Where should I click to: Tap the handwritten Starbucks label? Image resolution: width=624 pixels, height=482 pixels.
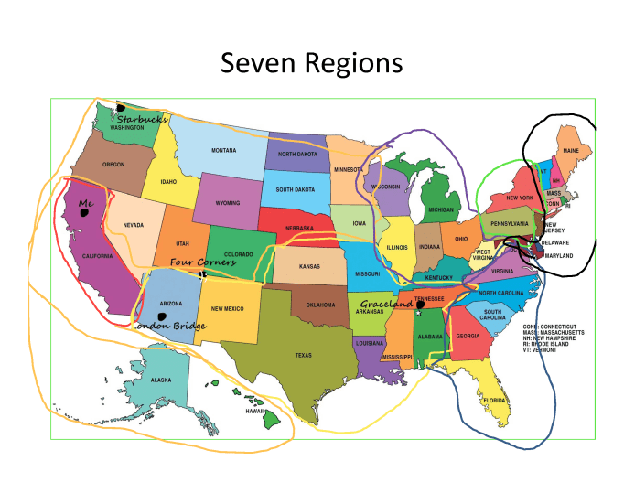point(141,119)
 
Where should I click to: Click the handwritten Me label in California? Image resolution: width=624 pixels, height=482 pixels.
point(86,203)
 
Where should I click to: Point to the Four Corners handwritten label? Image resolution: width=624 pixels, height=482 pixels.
point(203,262)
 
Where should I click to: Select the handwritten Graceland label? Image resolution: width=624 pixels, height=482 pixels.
point(386,304)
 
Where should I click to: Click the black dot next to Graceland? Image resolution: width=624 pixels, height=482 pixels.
point(420,305)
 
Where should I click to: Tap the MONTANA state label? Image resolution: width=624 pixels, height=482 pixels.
point(224,150)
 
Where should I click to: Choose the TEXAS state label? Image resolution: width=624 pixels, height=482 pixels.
point(304,354)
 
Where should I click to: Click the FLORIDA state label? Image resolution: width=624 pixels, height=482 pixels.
point(494,401)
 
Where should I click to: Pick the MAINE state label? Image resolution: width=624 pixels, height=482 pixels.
point(571,150)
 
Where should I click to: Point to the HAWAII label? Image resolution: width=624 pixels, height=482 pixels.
point(254,412)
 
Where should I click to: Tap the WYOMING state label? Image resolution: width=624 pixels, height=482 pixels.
point(228,203)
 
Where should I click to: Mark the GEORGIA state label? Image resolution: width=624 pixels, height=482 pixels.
point(468,336)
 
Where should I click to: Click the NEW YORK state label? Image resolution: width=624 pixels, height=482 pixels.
point(520,198)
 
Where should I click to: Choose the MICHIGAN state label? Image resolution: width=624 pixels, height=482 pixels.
point(441,209)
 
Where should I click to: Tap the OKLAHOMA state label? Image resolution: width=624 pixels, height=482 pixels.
point(320,305)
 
